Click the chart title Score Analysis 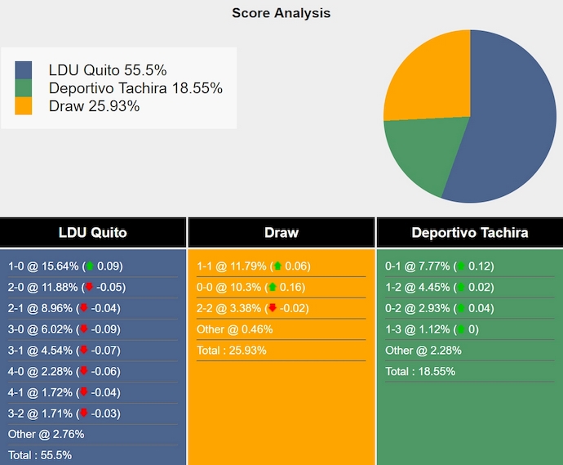pos(281,13)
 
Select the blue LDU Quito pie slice pos(506,123)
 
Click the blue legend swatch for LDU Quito pos(24,69)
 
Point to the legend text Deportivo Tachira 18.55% pos(135,88)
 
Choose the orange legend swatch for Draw pos(24,106)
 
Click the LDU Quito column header pos(93,233)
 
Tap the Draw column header pos(281,233)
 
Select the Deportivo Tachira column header pos(470,233)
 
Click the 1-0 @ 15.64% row pos(65,266)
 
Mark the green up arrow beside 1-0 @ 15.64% pos(90,266)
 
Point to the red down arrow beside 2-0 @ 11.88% pos(90,288)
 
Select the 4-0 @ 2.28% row pos(65,371)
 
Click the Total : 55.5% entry pos(41,455)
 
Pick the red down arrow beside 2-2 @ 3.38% pos(273,309)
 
